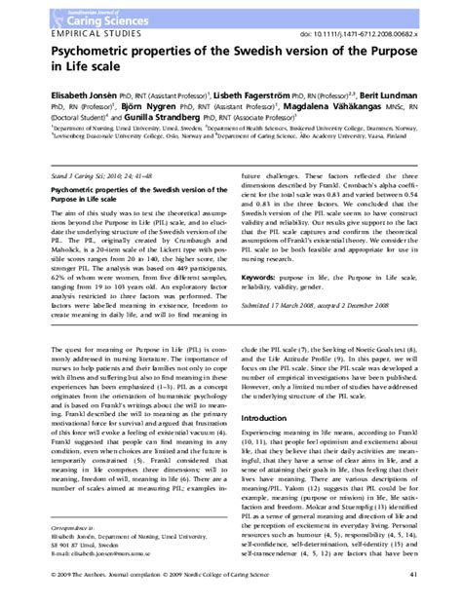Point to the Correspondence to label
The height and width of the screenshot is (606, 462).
point(43,523)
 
